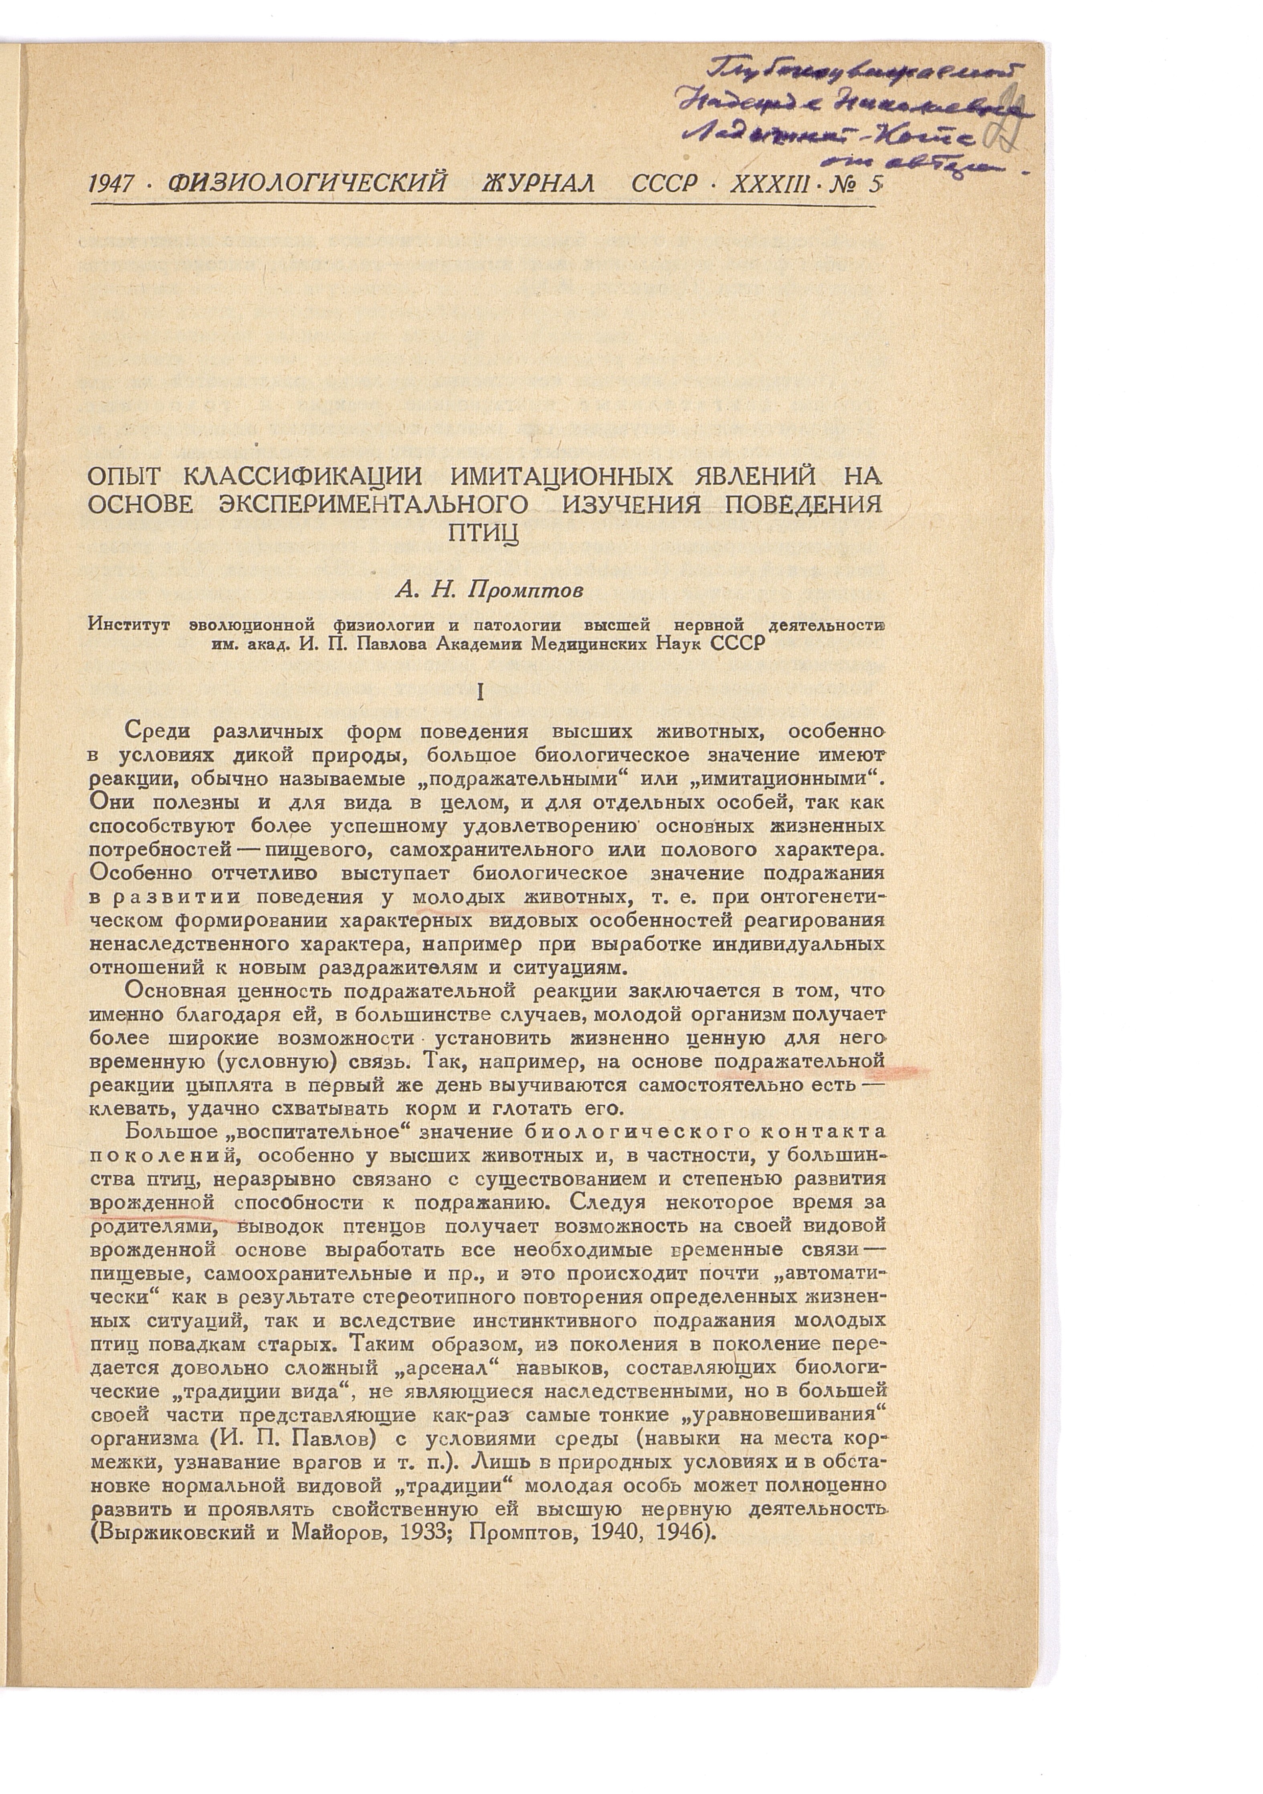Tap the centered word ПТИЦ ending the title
(x=485, y=531)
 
